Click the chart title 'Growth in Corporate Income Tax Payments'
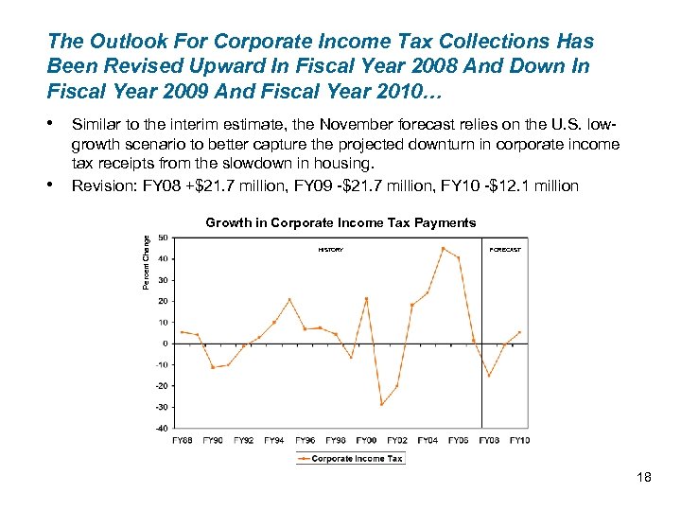[340, 223]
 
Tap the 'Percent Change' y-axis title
[147, 262]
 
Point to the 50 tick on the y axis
[164, 238]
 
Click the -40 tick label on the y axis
[162, 428]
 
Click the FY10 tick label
[519, 440]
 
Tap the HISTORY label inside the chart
[331, 250]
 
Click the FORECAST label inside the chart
[505, 250]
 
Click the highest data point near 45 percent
[443, 248]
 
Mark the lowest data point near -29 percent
[381, 404]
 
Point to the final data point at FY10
[519, 332]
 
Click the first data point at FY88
[182, 331]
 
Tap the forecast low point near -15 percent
[489, 376]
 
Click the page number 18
[644, 478]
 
